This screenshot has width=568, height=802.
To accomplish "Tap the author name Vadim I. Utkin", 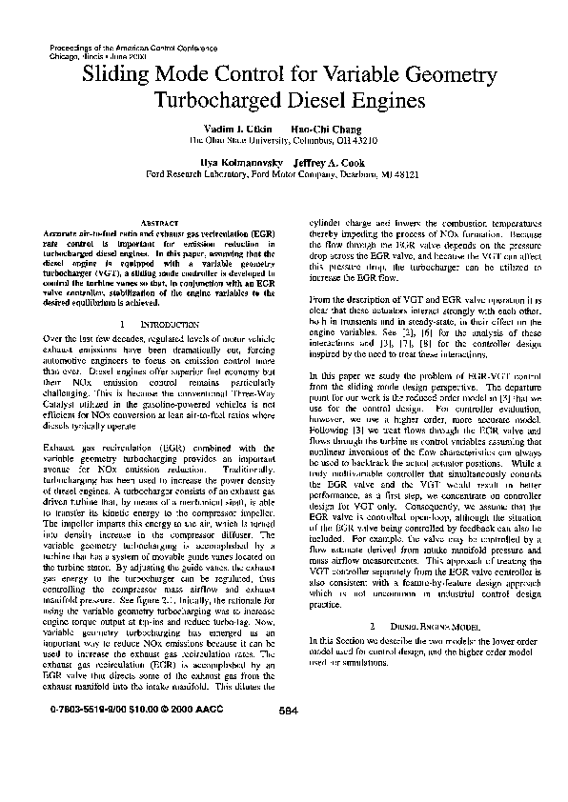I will coord(233,128).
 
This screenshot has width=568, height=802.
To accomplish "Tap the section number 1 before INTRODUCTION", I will coord(125,324).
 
